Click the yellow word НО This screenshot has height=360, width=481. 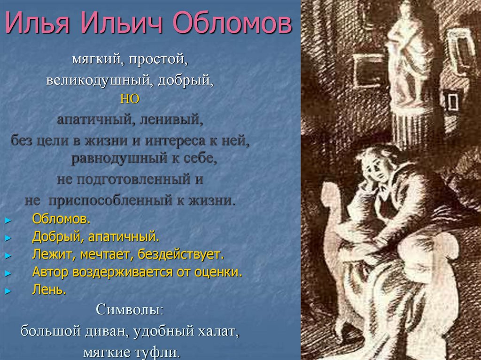point(130,99)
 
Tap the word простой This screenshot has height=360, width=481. point(162,60)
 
